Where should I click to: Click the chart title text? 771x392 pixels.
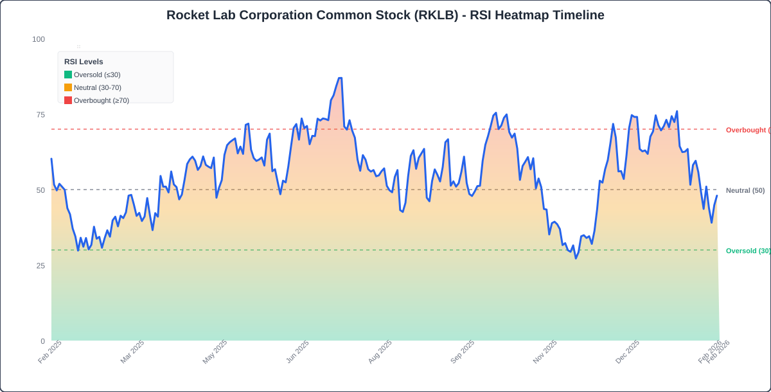coord(385,15)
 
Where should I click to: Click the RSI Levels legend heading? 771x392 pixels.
coord(84,62)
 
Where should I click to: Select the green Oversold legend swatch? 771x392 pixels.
coord(68,75)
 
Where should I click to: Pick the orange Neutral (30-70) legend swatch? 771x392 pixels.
coord(68,87)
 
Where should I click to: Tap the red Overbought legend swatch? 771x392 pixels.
coord(68,100)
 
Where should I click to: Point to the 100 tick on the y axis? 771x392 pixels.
coord(39,39)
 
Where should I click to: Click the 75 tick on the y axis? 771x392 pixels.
coord(40,115)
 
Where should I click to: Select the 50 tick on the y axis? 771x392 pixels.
coord(40,190)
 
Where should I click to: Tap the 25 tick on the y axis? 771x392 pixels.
coord(40,266)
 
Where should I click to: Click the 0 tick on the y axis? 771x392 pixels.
coord(42,341)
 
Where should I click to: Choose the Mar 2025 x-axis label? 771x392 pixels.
coord(132,352)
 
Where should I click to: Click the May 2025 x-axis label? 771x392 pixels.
coord(215,352)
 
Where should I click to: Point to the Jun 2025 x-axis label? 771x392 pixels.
coord(297,352)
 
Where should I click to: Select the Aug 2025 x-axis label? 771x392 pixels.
coord(380,352)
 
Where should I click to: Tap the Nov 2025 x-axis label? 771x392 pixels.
coord(545,352)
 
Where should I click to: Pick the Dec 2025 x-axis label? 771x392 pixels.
coord(627,352)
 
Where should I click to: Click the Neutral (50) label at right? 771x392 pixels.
coord(745,190)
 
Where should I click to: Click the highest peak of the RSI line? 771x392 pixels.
coord(339,78)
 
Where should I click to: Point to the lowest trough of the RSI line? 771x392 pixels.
coord(576,258)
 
